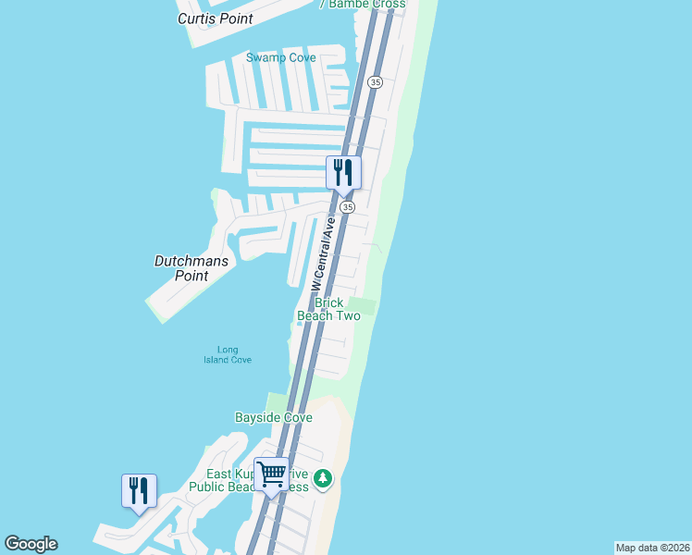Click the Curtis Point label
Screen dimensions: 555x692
point(216,18)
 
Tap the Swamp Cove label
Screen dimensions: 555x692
point(280,57)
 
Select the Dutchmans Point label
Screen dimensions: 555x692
point(191,268)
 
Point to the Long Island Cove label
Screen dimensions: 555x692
point(228,355)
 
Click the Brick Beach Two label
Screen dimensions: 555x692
point(328,309)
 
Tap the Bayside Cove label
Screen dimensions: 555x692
point(274,418)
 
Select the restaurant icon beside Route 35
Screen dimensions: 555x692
point(343,172)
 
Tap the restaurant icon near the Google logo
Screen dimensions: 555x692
point(139,489)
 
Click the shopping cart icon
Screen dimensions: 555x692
point(272,475)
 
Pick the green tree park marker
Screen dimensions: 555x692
point(323,478)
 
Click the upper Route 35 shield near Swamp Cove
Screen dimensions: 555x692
point(374,82)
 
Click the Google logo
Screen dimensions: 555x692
point(31,544)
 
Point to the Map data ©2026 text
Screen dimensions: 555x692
point(652,548)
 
